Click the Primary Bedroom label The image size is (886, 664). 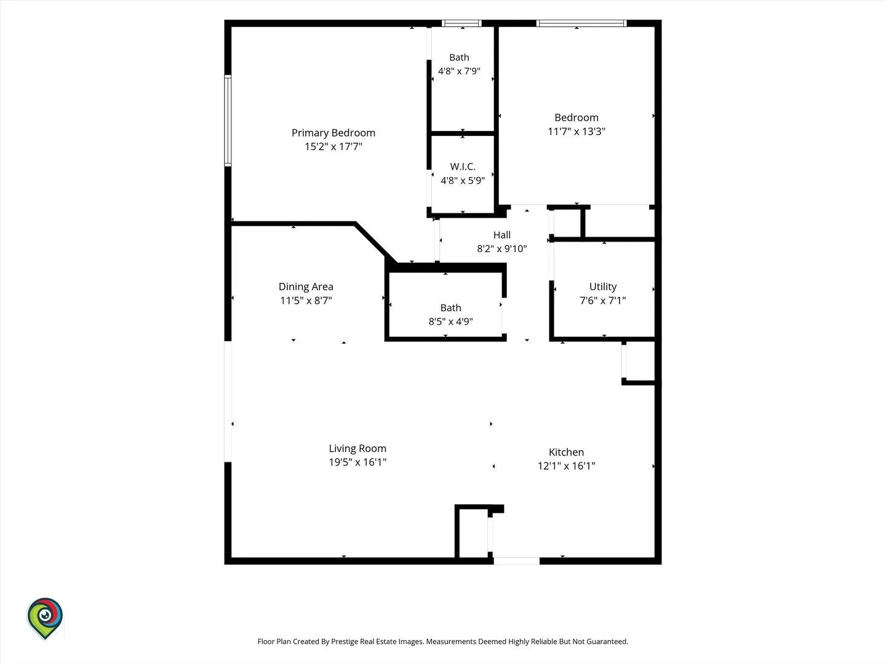click(333, 133)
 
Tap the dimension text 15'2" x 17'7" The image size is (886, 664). click(333, 146)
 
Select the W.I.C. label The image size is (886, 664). click(463, 167)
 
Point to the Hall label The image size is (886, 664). click(501, 235)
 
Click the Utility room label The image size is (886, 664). click(602, 287)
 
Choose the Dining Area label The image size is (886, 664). click(306, 287)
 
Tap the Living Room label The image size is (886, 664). click(357, 448)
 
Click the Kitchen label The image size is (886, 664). click(566, 452)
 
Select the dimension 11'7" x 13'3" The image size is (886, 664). click(577, 132)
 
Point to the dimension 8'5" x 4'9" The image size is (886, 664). click(450, 322)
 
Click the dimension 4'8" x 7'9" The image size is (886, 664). click(459, 71)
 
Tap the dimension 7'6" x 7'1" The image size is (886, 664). click(602, 301)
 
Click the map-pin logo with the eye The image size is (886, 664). click(45, 618)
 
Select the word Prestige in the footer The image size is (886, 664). click(344, 641)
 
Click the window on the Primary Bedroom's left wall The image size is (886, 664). click(228, 121)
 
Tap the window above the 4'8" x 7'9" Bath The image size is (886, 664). click(461, 23)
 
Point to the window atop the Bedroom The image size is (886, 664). click(581, 23)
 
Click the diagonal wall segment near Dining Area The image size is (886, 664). click(375, 242)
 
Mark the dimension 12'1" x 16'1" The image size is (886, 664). click(566, 466)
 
